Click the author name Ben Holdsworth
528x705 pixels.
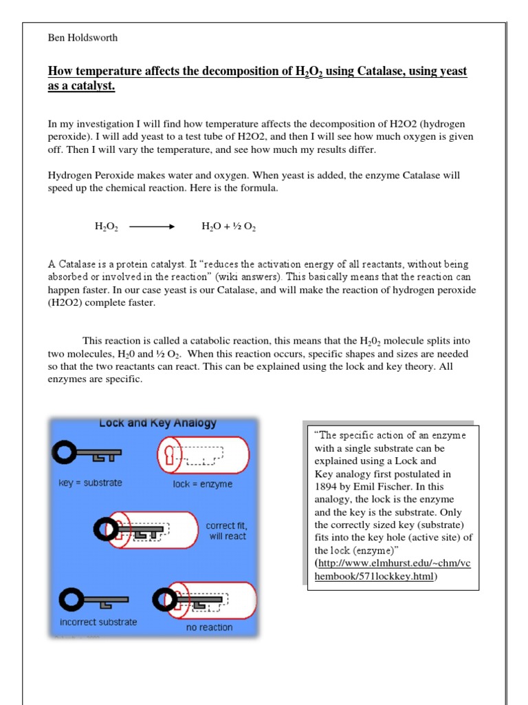pos(82,38)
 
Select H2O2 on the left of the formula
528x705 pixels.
pos(107,227)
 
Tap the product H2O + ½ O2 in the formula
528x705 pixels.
pos(228,227)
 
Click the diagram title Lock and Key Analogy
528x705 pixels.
pos(157,423)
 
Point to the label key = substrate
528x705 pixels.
pos(90,483)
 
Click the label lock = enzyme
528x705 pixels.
pos(202,484)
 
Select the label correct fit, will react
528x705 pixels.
pos(225,531)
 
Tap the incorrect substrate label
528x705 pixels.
pos(98,622)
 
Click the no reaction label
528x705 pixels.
pos(209,627)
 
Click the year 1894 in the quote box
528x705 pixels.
pos(327,486)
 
